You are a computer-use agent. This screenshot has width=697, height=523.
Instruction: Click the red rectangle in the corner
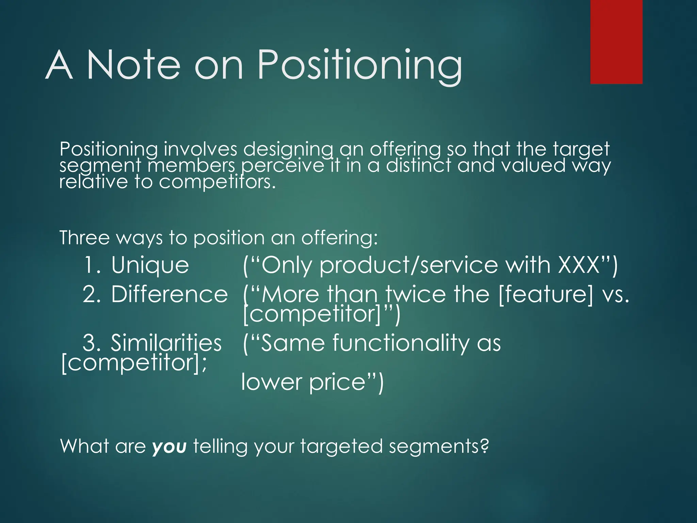[616, 42]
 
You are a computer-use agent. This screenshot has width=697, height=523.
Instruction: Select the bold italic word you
[169, 447]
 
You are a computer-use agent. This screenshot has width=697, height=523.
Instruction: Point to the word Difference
[169, 295]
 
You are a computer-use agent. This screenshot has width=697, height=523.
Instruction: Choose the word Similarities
[166, 343]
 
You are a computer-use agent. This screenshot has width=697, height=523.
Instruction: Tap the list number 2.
[91, 295]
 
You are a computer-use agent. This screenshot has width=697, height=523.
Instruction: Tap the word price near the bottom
[337, 382]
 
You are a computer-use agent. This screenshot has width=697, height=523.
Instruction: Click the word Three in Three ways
[84, 237]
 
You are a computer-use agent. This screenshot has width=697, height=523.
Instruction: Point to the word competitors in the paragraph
[217, 182]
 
